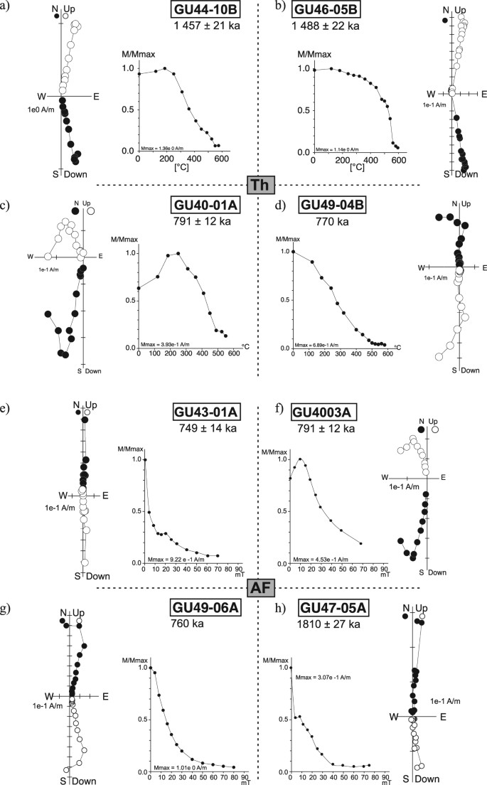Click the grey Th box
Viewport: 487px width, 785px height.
(257, 185)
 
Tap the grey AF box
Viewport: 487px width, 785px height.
(257, 588)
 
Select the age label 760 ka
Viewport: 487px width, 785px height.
(187, 624)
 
